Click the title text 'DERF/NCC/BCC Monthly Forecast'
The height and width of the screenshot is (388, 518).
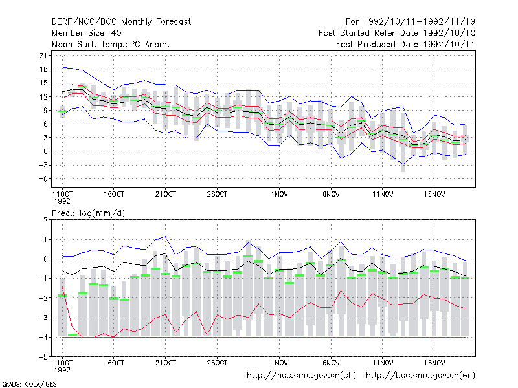(121, 22)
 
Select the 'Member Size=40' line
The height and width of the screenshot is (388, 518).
(87, 33)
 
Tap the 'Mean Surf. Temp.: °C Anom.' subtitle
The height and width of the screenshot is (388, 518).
(111, 44)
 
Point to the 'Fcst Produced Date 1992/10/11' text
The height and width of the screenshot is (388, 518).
(405, 44)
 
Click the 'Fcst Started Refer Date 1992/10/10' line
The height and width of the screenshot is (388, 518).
(397, 33)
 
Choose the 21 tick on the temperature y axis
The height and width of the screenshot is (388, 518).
(43, 56)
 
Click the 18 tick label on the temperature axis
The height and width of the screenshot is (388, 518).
(43, 69)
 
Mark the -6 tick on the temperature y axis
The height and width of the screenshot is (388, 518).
(43, 179)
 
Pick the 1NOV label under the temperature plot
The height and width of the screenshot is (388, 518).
(279, 195)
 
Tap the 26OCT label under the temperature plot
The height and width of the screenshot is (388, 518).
(217, 195)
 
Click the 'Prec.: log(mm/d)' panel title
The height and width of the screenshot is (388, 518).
(88, 213)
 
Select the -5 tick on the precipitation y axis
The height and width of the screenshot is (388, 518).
(43, 357)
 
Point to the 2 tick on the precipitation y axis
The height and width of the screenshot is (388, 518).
(45, 220)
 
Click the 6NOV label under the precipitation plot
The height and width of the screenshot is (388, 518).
(331, 363)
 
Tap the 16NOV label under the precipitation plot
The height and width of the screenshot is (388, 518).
(434, 363)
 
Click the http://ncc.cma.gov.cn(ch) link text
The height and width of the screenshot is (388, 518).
(301, 376)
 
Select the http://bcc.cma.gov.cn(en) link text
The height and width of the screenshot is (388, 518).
(420, 376)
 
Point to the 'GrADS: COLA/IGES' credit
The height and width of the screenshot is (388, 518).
(29, 384)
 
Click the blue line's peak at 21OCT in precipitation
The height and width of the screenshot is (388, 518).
(165, 237)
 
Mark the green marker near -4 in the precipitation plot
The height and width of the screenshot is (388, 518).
(73, 335)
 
